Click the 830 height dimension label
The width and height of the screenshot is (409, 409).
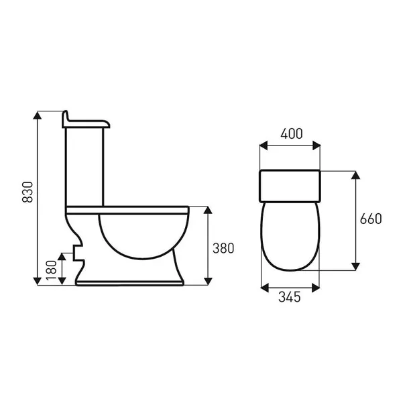[x=27, y=192]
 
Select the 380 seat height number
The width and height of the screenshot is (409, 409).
[x=223, y=248]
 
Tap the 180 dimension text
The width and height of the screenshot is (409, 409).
[x=52, y=270]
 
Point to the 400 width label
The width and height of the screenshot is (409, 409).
[x=292, y=134]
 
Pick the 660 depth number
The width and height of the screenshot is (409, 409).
[x=371, y=219]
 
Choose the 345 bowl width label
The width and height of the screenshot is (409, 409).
[x=290, y=297]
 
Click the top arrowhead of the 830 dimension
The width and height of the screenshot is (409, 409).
[x=38, y=115]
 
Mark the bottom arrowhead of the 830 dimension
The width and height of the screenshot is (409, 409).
[x=38, y=281]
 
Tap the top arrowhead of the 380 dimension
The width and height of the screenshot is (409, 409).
[x=208, y=211]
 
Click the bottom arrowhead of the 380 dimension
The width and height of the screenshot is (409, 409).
[x=208, y=281]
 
